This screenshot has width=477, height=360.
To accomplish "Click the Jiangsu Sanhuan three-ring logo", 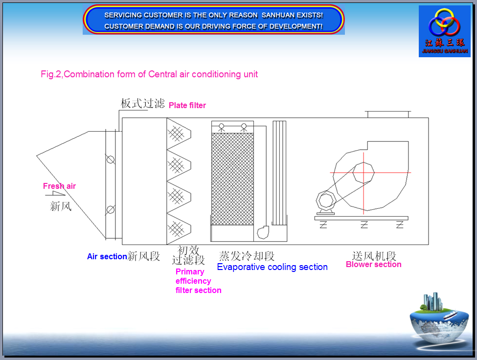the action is click(444, 22).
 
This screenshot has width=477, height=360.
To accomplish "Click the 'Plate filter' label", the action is click(187, 105).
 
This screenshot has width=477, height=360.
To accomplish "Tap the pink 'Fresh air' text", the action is click(59, 186).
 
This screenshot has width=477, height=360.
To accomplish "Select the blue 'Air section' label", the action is click(107, 256).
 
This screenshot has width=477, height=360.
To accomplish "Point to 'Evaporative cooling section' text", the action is click(273, 267).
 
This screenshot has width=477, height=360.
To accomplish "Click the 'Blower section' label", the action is click(374, 264).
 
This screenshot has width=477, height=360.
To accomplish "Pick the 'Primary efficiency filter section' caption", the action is click(198, 281).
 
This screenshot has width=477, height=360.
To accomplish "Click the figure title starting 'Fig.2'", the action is click(149, 74).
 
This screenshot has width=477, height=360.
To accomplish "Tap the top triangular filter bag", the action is click(179, 134).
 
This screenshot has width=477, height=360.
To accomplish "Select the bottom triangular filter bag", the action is click(179, 228).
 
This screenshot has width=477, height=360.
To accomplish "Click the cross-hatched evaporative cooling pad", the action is click(232, 179).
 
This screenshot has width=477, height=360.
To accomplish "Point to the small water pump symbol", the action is click(263, 232).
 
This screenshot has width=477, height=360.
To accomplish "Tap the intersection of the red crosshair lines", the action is click(363, 173).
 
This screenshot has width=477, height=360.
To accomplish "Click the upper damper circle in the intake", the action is click(111, 159).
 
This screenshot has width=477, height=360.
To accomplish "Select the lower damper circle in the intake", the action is click(111, 209).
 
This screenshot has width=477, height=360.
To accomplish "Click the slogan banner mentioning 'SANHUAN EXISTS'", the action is click(214, 20).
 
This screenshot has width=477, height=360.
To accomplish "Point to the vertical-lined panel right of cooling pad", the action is click(279, 173).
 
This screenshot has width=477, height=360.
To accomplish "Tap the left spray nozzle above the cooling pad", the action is click(222, 127).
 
